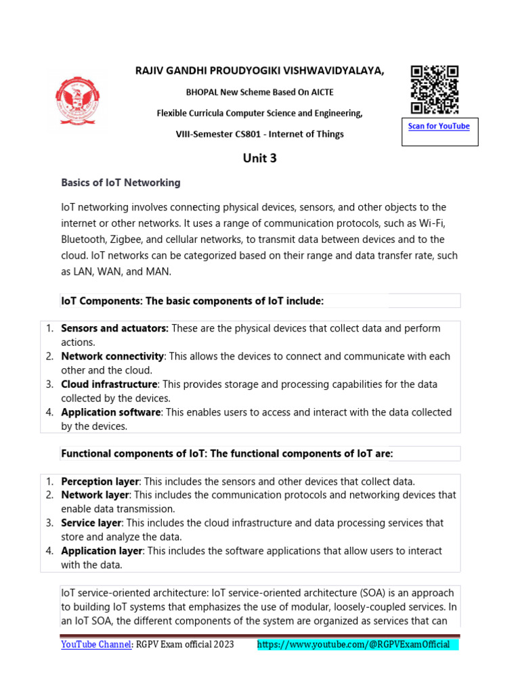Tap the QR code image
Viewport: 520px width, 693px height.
435,89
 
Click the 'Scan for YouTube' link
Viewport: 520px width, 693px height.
438,127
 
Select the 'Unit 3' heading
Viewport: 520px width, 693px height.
260,159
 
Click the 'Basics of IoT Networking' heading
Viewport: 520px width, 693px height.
121,183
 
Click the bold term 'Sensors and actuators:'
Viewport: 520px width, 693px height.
114,328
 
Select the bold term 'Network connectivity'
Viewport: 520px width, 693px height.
112,356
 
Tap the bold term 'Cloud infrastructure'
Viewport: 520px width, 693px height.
109,384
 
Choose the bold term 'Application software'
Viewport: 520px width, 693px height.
111,412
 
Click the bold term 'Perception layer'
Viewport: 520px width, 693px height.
100,481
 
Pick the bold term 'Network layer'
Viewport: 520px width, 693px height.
94,495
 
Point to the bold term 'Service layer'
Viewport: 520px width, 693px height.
91,523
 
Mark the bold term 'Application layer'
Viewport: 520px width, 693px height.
101,551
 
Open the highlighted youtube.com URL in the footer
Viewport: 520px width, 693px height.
357,644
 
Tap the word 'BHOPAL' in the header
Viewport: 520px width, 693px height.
202,92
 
